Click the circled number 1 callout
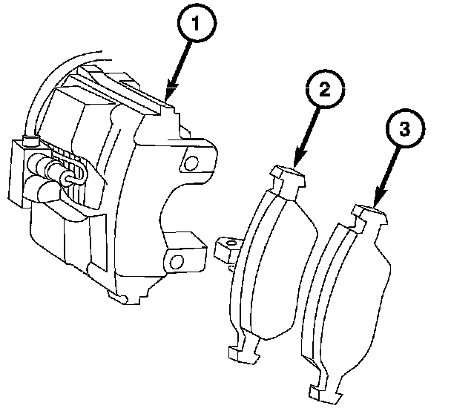tap(197, 23)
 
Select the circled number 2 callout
tap(325, 89)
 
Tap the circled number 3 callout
tap(405, 128)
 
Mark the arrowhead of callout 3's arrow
tap(378, 199)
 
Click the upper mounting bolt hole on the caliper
tap(191, 163)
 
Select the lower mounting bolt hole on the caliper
tap(176, 262)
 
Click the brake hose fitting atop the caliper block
tap(30, 140)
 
